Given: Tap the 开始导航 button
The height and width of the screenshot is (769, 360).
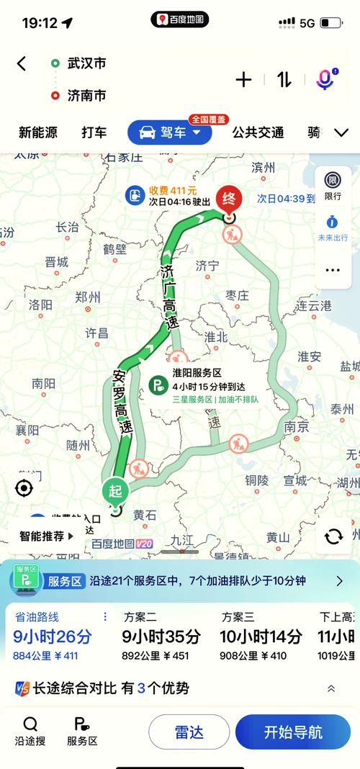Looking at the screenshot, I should (x=292, y=732).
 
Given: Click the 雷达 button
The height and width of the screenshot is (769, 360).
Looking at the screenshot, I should (x=189, y=732).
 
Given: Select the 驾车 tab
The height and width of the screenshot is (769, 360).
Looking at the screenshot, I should (x=169, y=132).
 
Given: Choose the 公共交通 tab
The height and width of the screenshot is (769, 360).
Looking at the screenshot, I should (x=258, y=132).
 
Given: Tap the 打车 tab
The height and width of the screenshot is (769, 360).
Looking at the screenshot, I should (x=94, y=132).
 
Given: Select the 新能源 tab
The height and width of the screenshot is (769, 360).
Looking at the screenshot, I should (x=38, y=132).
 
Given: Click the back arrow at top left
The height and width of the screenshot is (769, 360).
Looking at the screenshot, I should (x=22, y=63).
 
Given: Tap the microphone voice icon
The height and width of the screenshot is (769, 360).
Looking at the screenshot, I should (x=325, y=79).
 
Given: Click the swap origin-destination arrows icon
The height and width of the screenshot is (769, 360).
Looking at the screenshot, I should (x=284, y=79).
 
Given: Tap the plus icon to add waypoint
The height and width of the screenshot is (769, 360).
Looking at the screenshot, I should (x=243, y=79).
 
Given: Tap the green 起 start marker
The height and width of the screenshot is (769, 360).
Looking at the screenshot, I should (x=115, y=491).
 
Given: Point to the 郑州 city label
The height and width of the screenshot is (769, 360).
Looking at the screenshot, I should (x=88, y=297).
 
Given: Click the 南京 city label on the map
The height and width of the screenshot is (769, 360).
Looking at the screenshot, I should (x=296, y=426).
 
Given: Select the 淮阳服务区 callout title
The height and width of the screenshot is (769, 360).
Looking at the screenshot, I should (x=197, y=372).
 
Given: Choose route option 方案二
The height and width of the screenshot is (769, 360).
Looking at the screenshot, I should (x=139, y=617).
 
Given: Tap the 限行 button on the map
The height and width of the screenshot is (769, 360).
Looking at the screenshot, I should (x=333, y=186).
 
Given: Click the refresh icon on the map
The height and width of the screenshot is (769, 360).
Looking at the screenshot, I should (x=333, y=536).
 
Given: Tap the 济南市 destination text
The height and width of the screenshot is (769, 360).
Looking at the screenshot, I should (x=87, y=95).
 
